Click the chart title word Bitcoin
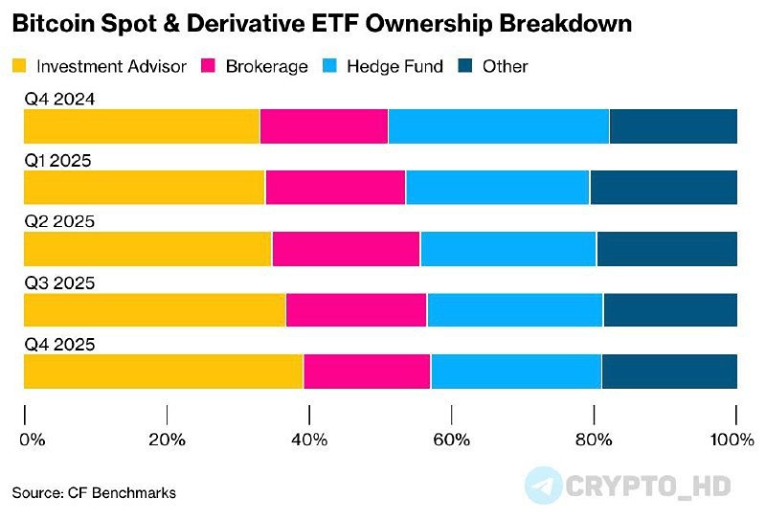pos(49,24)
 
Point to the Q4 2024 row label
pos(59,99)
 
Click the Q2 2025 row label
pos(59,221)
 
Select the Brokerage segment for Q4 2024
pos(324,126)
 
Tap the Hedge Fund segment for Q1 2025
pos(497,187)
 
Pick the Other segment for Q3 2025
pos(670,310)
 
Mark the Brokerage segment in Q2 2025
pos(346,249)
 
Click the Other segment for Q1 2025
pos(664,187)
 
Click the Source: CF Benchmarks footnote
pos(94,492)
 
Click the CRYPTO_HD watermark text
pos(648,486)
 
